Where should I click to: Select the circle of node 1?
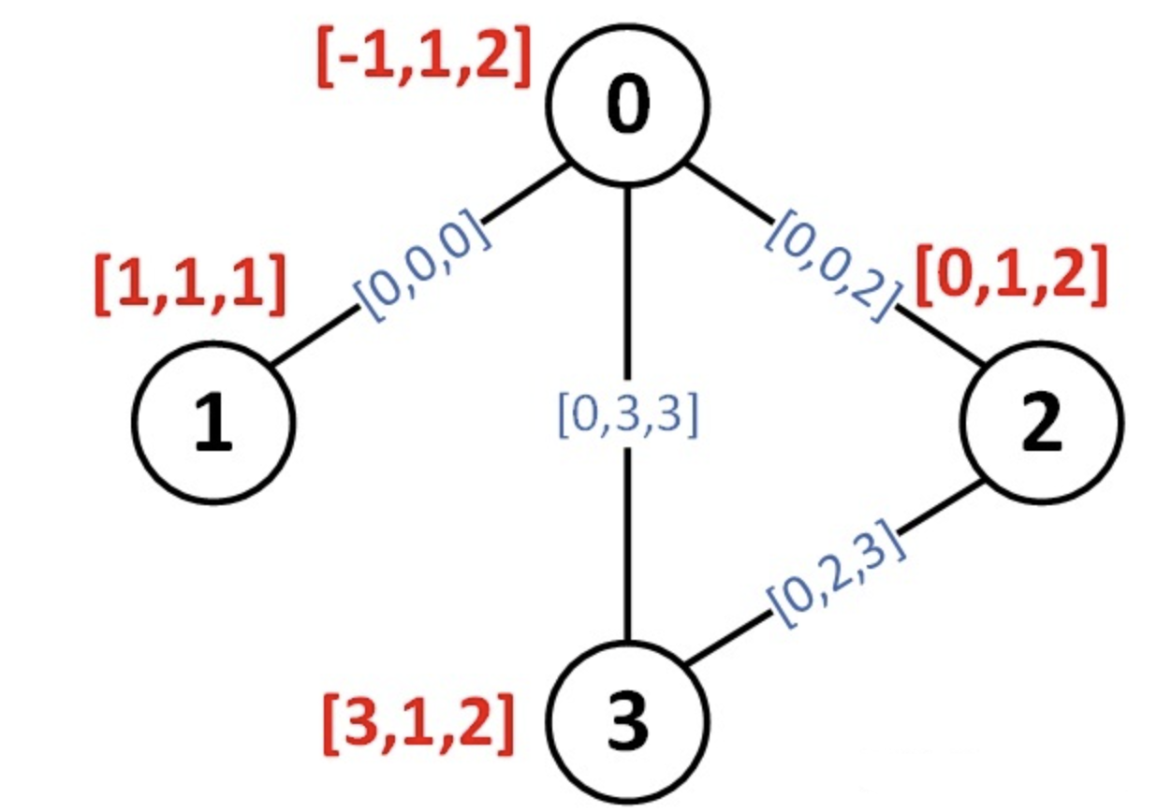213,421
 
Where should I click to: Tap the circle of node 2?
1042,422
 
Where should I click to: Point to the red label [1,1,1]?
190,284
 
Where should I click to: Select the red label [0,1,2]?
1012,275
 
